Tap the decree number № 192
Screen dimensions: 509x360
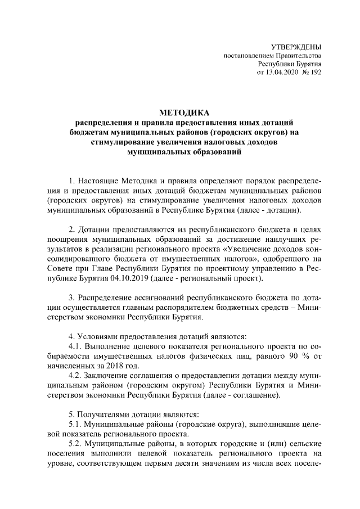pyautogui.click(x=312, y=73)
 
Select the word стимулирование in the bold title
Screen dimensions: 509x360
pyautogui.click(x=121, y=142)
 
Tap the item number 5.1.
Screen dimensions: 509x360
pyautogui.click(x=76, y=425)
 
